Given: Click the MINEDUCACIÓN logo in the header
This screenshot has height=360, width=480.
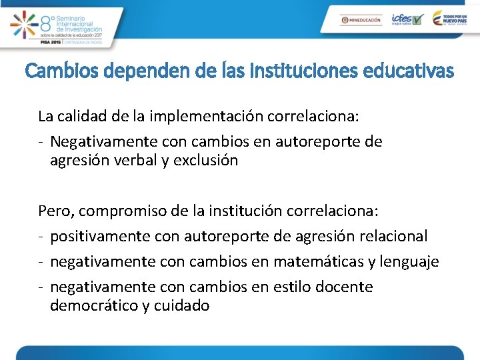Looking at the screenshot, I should pos(360,20).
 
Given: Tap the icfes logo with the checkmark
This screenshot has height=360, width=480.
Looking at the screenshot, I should pos(407,19).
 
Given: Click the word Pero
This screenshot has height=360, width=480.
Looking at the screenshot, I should pos(55,211).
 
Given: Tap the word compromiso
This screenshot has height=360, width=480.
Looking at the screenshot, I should pos(125,211).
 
